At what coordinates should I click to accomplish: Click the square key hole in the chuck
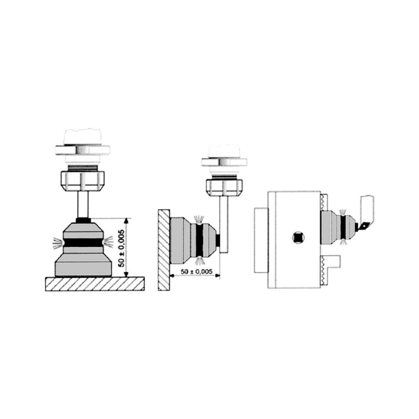tap(298, 237)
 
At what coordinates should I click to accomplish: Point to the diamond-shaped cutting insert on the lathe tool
tap(363, 227)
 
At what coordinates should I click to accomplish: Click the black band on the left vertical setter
tap(83, 242)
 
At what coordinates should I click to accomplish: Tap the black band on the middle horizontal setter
tap(200, 238)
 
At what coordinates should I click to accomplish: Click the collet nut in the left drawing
tap(83, 180)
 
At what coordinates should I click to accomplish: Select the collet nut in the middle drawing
tap(224, 186)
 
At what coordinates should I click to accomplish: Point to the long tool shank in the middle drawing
tap(224, 223)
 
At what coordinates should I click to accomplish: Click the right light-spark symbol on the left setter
tap(109, 241)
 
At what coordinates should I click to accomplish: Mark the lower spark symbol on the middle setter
tap(200, 261)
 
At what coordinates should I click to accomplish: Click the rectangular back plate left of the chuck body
tap(260, 239)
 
